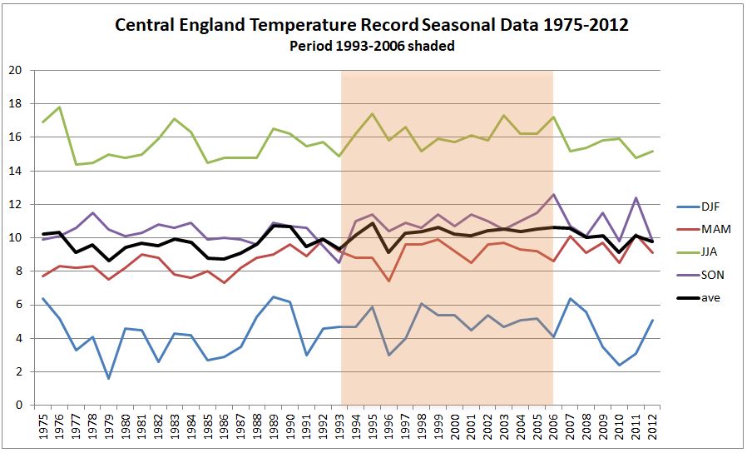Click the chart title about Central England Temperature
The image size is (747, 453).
click(x=371, y=26)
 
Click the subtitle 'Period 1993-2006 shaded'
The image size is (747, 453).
click(x=372, y=46)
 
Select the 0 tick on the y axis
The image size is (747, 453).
click(x=17, y=406)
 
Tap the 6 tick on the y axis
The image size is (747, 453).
click(x=17, y=305)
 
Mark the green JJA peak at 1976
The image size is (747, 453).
click(x=58, y=107)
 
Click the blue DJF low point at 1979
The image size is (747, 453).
click(x=108, y=378)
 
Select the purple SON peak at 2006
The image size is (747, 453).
click(x=554, y=195)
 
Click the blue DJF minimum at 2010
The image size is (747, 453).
click(x=621, y=365)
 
